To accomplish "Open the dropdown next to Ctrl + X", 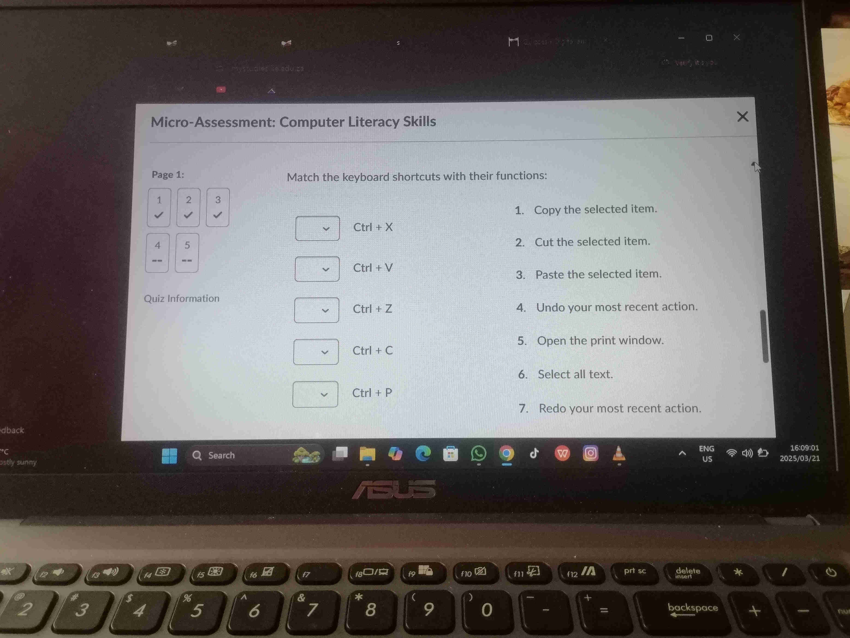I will pyautogui.click(x=317, y=229).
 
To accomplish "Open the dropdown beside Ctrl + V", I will pyautogui.click(x=317, y=269).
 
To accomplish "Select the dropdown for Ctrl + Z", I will pyautogui.click(x=317, y=310).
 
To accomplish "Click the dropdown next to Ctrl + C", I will pyautogui.click(x=316, y=352).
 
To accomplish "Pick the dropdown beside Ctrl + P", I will pyautogui.click(x=315, y=394).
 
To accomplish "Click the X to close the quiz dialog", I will pyautogui.click(x=742, y=117).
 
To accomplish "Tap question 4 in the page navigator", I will pyautogui.click(x=158, y=253).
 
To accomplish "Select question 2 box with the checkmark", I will pyautogui.click(x=188, y=207).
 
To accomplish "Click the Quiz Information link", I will pyautogui.click(x=182, y=298).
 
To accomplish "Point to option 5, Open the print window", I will pyautogui.click(x=600, y=340).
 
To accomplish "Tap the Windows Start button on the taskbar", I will pyautogui.click(x=169, y=456).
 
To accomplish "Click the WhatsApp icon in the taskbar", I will pyautogui.click(x=478, y=454).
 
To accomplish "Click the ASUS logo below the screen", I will pyautogui.click(x=394, y=489).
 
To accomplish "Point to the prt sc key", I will pyautogui.click(x=635, y=572).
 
